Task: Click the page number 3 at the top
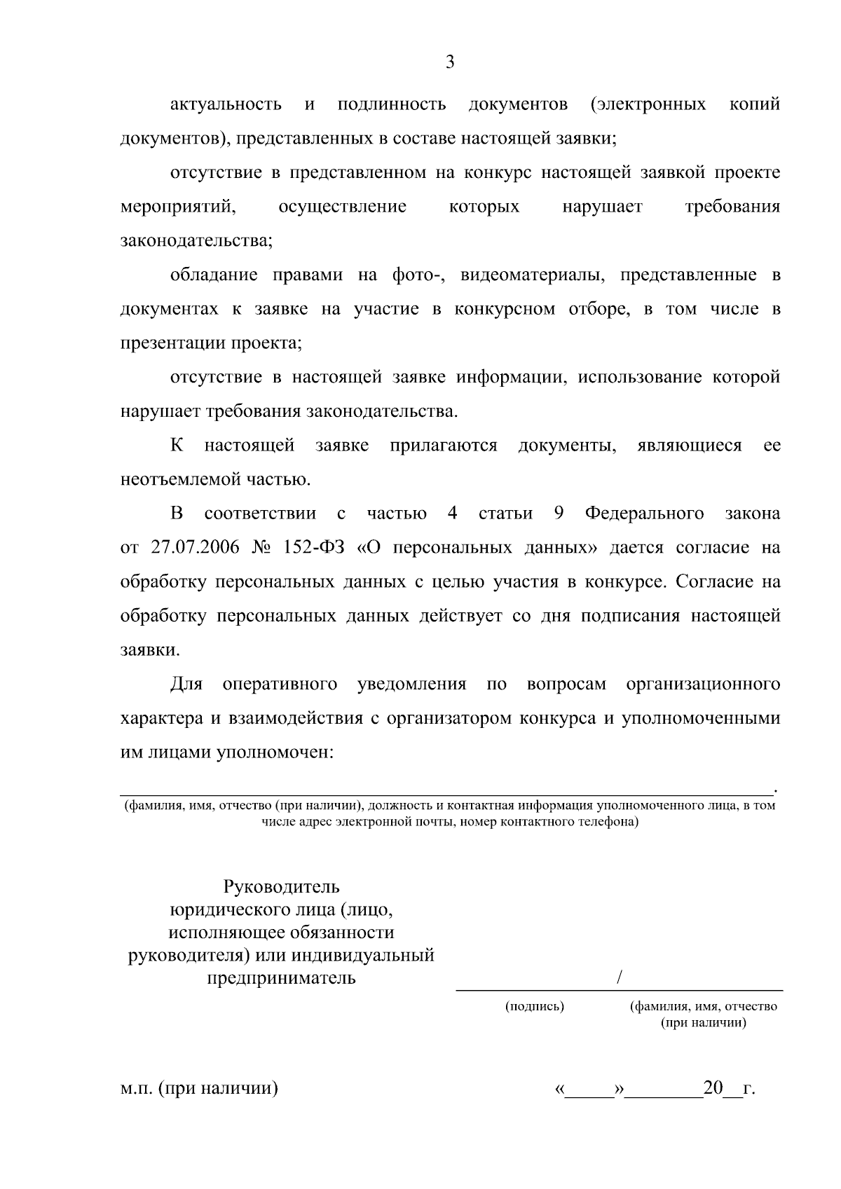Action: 450,63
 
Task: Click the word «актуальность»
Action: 226,105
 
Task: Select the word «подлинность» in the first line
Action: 391,105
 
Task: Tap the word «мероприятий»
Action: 177,207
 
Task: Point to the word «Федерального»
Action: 644,514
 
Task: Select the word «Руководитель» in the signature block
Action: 282,887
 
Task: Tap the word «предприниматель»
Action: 282,978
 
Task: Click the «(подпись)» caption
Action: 535,1007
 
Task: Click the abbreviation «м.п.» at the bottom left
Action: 136,1089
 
